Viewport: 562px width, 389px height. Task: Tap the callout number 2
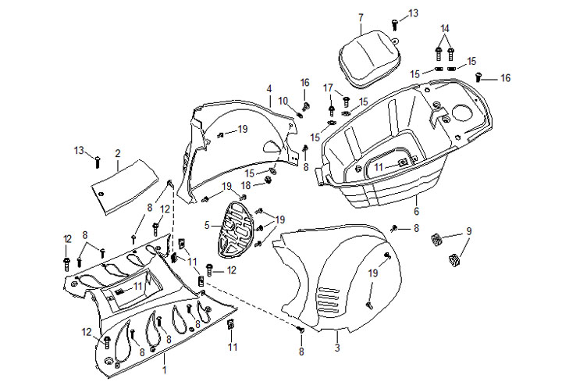117,153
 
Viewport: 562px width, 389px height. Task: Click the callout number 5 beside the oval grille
207,225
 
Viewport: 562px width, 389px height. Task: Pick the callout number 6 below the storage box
416,212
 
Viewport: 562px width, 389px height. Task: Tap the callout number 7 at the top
361,17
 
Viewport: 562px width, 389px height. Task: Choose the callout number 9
469,230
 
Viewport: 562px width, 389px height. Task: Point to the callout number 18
246,185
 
